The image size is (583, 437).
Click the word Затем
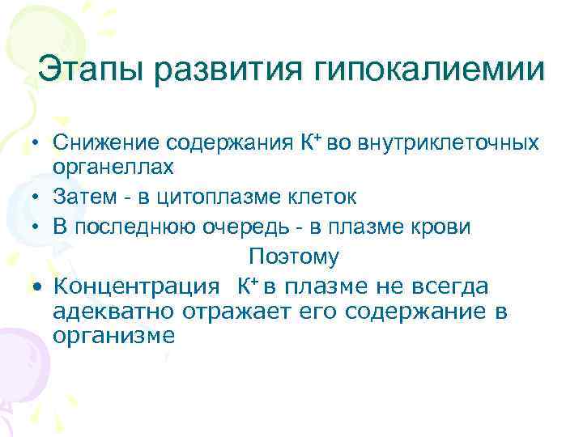point(80,195)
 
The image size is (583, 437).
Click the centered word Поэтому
point(294,257)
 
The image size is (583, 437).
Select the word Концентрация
point(135,286)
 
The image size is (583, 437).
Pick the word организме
point(113,336)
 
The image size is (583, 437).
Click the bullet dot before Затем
point(38,196)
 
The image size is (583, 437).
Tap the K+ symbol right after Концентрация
point(248,286)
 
